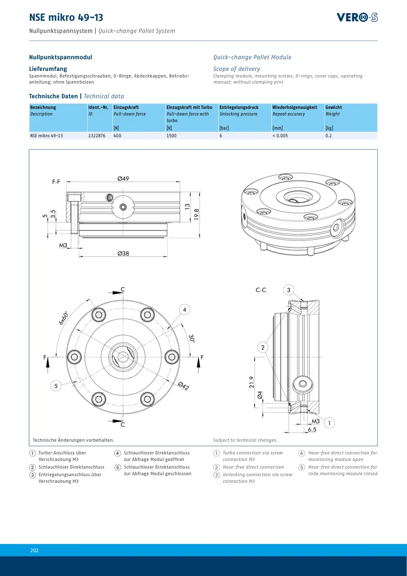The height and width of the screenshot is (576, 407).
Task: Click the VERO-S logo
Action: click(x=357, y=17)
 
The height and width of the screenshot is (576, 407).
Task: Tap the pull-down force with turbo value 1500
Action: click(x=172, y=136)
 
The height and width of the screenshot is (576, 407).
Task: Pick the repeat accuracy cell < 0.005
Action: click(x=280, y=136)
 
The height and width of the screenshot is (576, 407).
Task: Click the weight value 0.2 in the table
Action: click(x=329, y=136)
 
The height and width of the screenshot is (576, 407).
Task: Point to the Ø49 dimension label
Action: click(x=124, y=178)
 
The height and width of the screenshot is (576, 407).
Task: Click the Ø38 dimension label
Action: click(x=124, y=253)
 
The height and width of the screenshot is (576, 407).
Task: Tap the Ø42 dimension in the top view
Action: click(x=183, y=386)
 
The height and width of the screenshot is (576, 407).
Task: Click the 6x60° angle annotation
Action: click(x=63, y=318)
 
